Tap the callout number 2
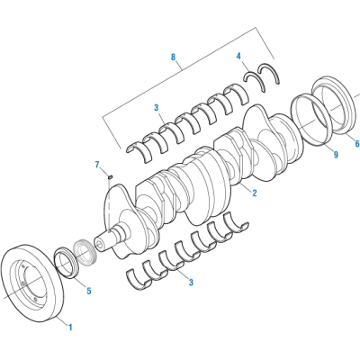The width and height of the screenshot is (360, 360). [x=255, y=193]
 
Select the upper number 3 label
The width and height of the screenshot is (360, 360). [x=157, y=108]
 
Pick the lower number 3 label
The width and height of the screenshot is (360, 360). [x=190, y=282]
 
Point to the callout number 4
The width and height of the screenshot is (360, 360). [x=238, y=56]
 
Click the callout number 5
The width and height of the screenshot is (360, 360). [x=88, y=291]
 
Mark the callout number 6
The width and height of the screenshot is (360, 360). [x=355, y=143]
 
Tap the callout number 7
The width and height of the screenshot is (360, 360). [x=96, y=164]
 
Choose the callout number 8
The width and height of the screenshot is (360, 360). [x=173, y=57]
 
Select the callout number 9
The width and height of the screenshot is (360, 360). [x=336, y=154]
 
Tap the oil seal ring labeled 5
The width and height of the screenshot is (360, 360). [x=67, y=262]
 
